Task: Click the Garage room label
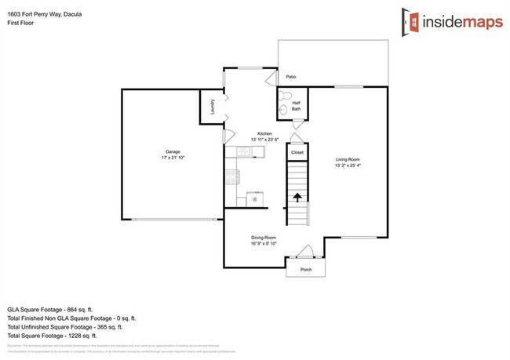173,151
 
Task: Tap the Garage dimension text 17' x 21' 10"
173,158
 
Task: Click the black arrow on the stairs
297,198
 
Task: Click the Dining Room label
264,237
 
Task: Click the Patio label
290,77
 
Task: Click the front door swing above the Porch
306,252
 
